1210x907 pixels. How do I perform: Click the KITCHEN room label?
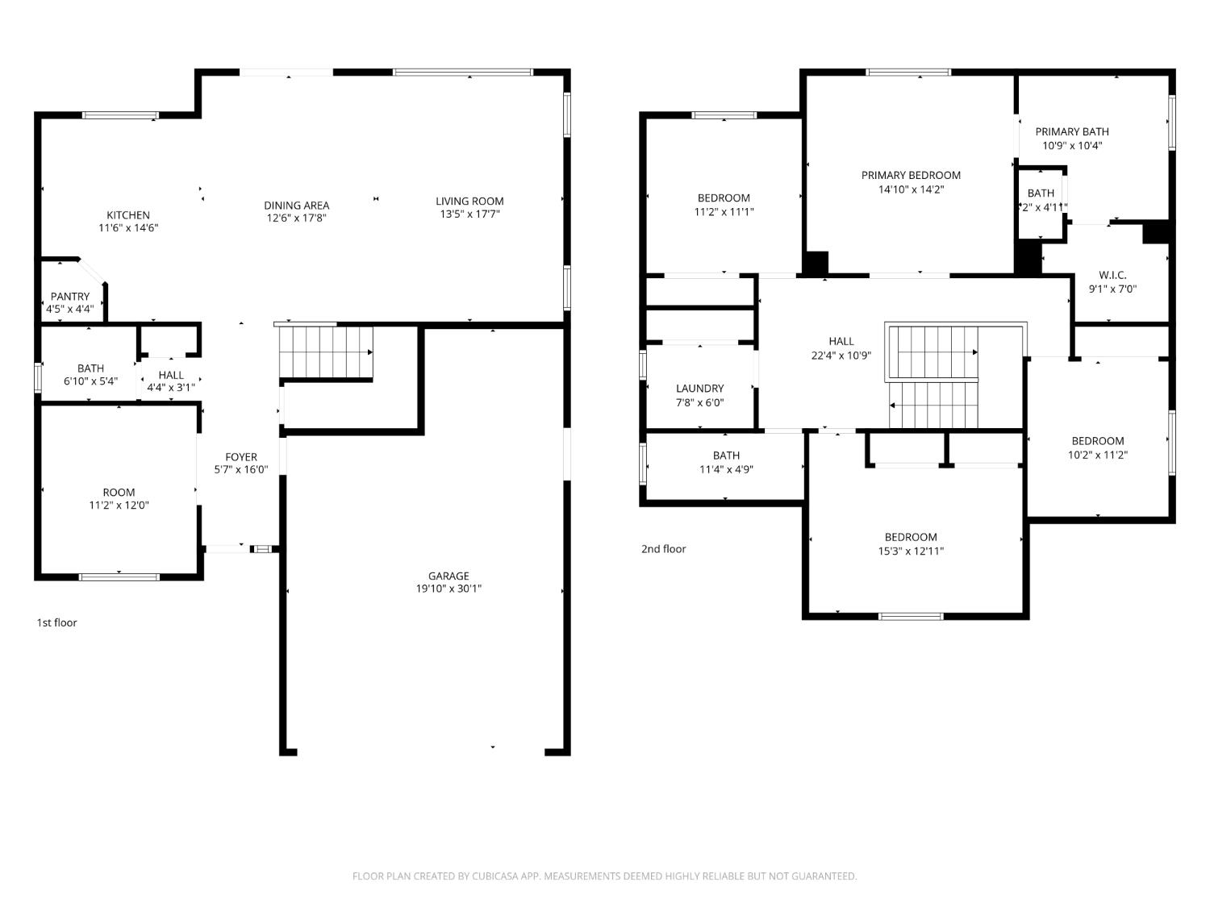click(x=128, y=214)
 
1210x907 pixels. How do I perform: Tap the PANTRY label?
click(x=70, y=296)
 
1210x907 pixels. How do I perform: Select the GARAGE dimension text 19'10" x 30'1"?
click(x=449, y=589)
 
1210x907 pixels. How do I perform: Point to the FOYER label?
click(x=241, y=456)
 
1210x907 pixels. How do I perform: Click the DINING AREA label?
click(x=297, y=205)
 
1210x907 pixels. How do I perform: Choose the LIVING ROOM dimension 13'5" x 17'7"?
click(x=469, y=214)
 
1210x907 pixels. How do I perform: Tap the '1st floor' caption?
click(x=56, y=622)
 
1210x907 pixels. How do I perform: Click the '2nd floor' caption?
click(x=664, y=548)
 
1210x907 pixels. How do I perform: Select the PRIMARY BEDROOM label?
click(x=911, y=175)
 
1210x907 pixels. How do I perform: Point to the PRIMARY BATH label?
click(x=1072, y=131)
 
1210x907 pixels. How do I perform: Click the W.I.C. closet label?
click(x=1112, y=275)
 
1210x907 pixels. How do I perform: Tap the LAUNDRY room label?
click(x=700, y=389)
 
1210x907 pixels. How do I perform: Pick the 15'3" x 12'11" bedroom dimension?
click(x=911, y=551)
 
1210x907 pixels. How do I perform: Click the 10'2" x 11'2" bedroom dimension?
click(x=1098, y=455)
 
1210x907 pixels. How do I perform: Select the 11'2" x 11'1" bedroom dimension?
click(x=724, y=211)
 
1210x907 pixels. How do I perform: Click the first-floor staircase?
click(x=326, y=352)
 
